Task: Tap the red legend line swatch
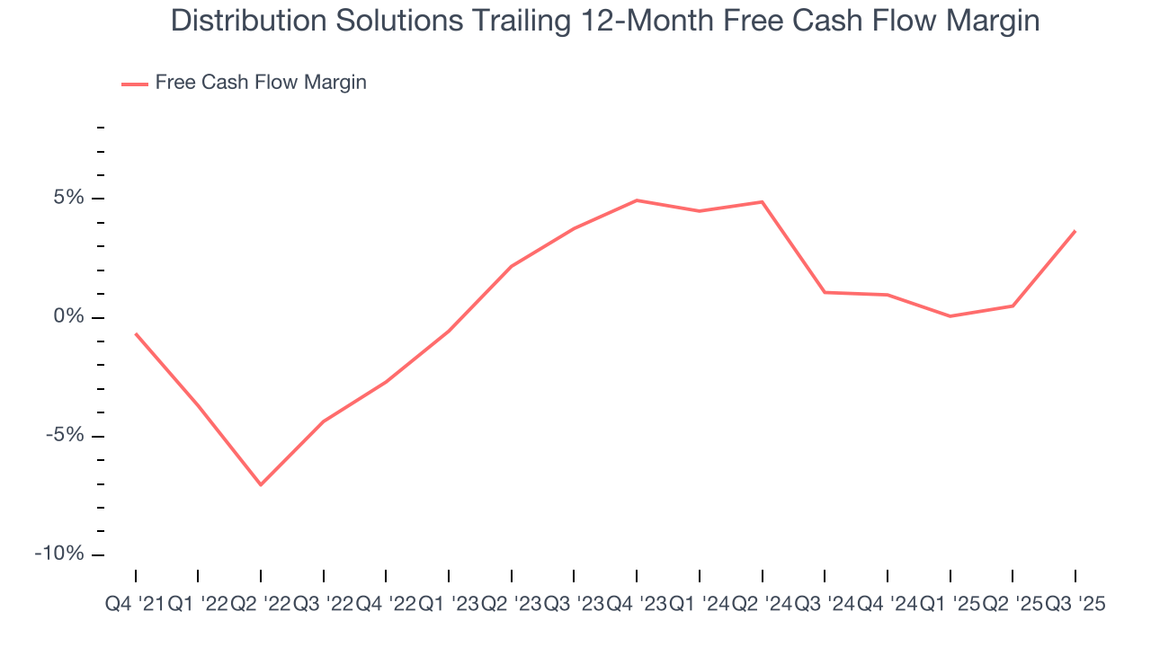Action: [135, 84]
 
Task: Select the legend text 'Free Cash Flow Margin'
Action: [261, 83]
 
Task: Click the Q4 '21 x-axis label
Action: [135, 605]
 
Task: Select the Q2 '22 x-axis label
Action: [261, 605]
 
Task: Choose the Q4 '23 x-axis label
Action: [637, 605]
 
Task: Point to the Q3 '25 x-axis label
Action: [1075, 605]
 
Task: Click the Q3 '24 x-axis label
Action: [825, 605]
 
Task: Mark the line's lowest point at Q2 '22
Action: [261, 485]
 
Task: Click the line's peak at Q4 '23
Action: [637, 200]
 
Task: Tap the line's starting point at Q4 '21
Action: [136, 333]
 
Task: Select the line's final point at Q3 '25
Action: [1075, 231]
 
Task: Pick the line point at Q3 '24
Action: [825, 292]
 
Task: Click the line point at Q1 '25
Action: [950, 316]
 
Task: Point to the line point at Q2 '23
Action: [512, 266]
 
